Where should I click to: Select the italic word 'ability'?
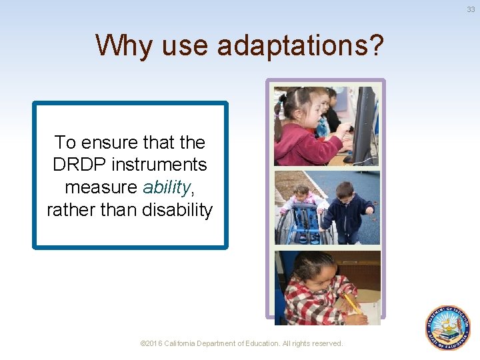pyautogui.click(x=165, y=187)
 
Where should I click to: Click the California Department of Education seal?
pyautogui.click(x=448, y=327)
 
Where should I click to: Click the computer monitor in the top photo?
pyautogui.click(x=365, y=123)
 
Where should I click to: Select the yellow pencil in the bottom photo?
pyautogui.click(x=352, y=303)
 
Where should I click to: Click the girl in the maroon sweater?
pyautogui.click(x=303, y=133)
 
